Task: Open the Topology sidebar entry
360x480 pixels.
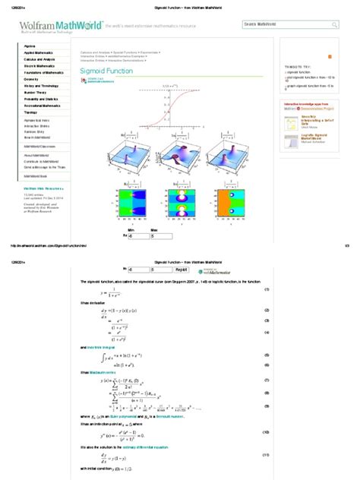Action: coord(30,112)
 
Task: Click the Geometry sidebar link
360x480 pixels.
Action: coord(31,79)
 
